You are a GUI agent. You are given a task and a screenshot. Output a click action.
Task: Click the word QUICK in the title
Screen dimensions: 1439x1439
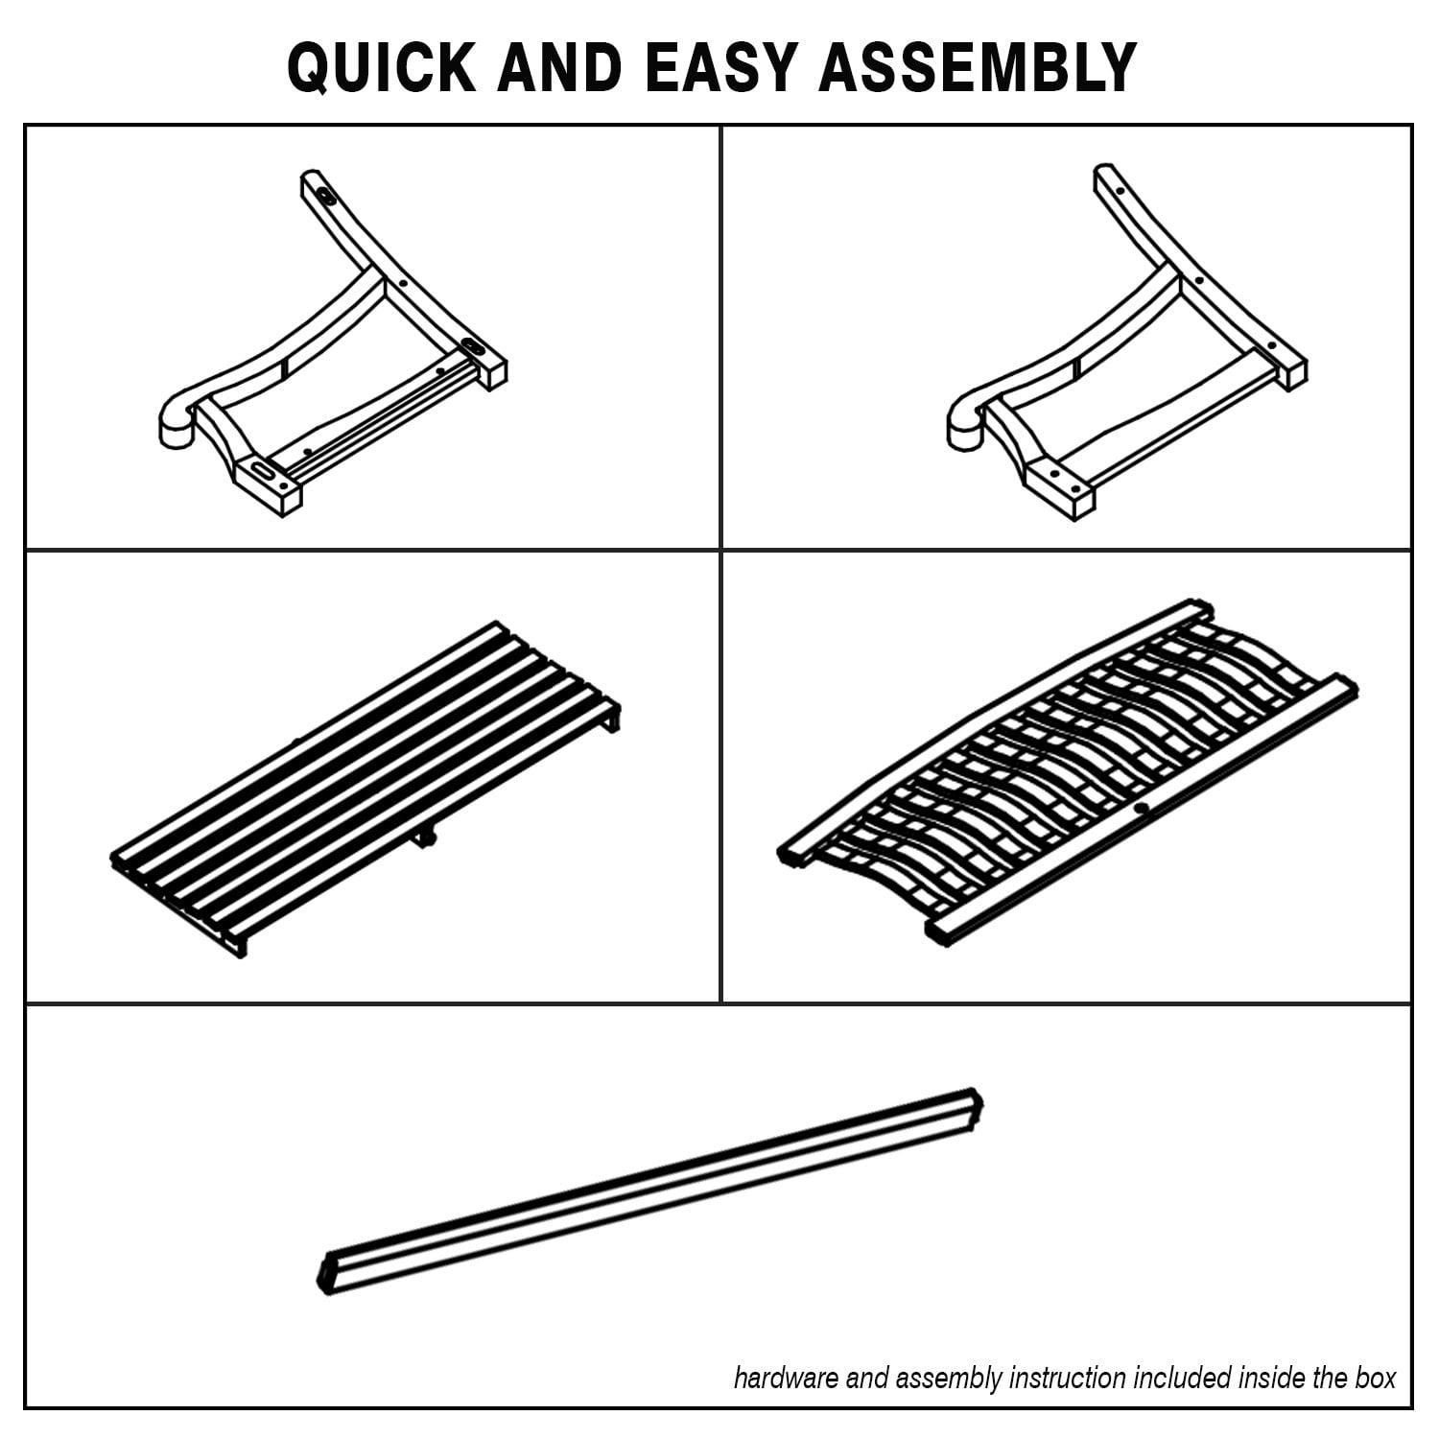381,67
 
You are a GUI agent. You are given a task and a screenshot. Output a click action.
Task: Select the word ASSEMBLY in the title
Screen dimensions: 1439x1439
978,67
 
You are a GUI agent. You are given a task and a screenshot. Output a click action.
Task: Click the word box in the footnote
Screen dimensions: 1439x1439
1377,1379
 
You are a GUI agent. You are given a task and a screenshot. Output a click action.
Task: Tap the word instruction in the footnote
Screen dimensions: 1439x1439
1065,1379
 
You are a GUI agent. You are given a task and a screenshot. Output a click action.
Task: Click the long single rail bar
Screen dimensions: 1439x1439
650,1191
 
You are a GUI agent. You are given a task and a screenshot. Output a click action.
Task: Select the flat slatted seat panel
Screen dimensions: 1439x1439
366,787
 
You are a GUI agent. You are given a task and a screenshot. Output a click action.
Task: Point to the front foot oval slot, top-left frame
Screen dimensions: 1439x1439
262,469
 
